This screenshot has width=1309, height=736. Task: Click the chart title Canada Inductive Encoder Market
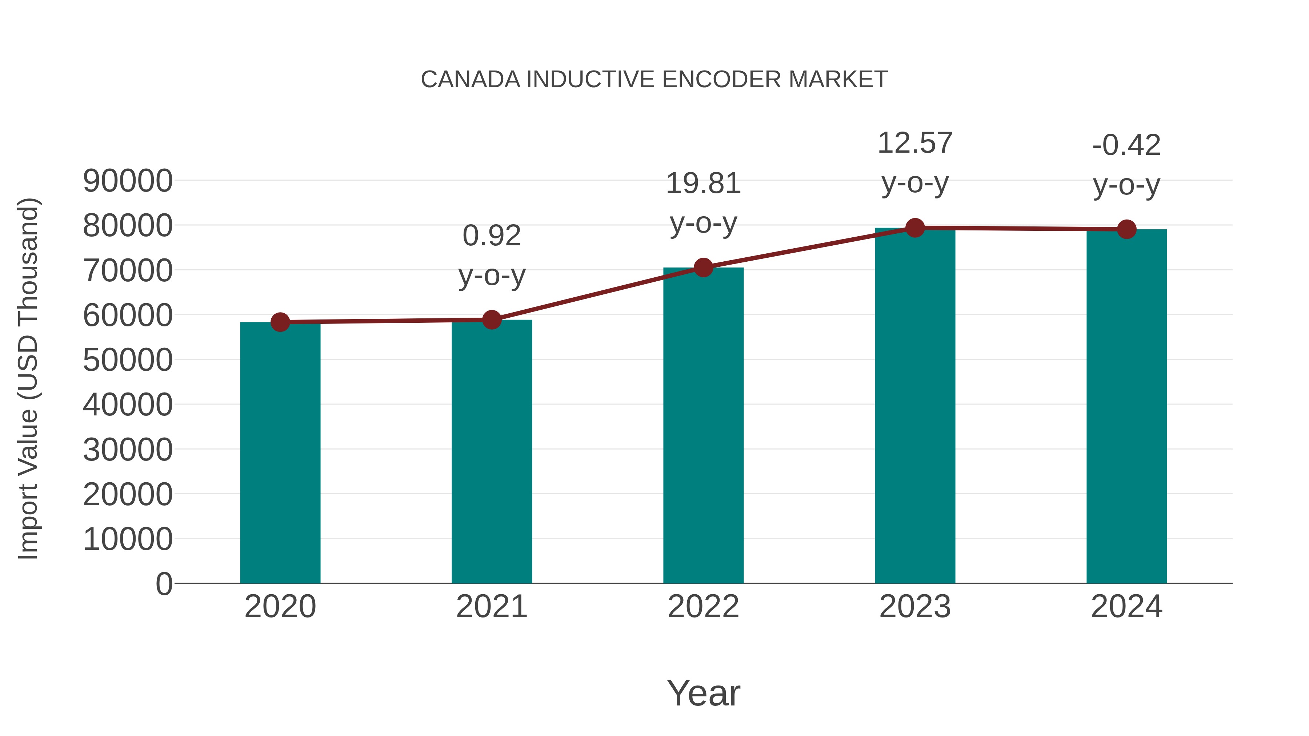point(654,80)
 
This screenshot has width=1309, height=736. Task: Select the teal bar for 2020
point(280,452)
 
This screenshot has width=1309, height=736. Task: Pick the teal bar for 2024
point(1126,406)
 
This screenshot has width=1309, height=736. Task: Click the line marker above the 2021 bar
point(491,320)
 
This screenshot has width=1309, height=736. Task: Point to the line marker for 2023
point(915,228)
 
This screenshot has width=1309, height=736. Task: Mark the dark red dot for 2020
point(280,322)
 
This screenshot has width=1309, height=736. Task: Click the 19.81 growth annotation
point(703,184)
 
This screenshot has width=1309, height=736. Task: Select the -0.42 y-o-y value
point(1126,145)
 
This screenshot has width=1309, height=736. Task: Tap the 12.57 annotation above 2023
point(915,143)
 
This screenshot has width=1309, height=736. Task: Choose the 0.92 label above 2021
point(491,236)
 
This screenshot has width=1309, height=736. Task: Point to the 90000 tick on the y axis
point(128,181)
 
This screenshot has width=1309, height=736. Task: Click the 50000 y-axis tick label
point(128,360)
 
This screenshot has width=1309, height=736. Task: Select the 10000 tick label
point(128,539)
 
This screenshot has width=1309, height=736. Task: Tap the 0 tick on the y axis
point(164,584)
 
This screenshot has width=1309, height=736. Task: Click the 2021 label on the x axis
point(491,607)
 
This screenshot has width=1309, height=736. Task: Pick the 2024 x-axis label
point(1126,607)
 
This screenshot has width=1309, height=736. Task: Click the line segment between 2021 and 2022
point(597,294)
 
